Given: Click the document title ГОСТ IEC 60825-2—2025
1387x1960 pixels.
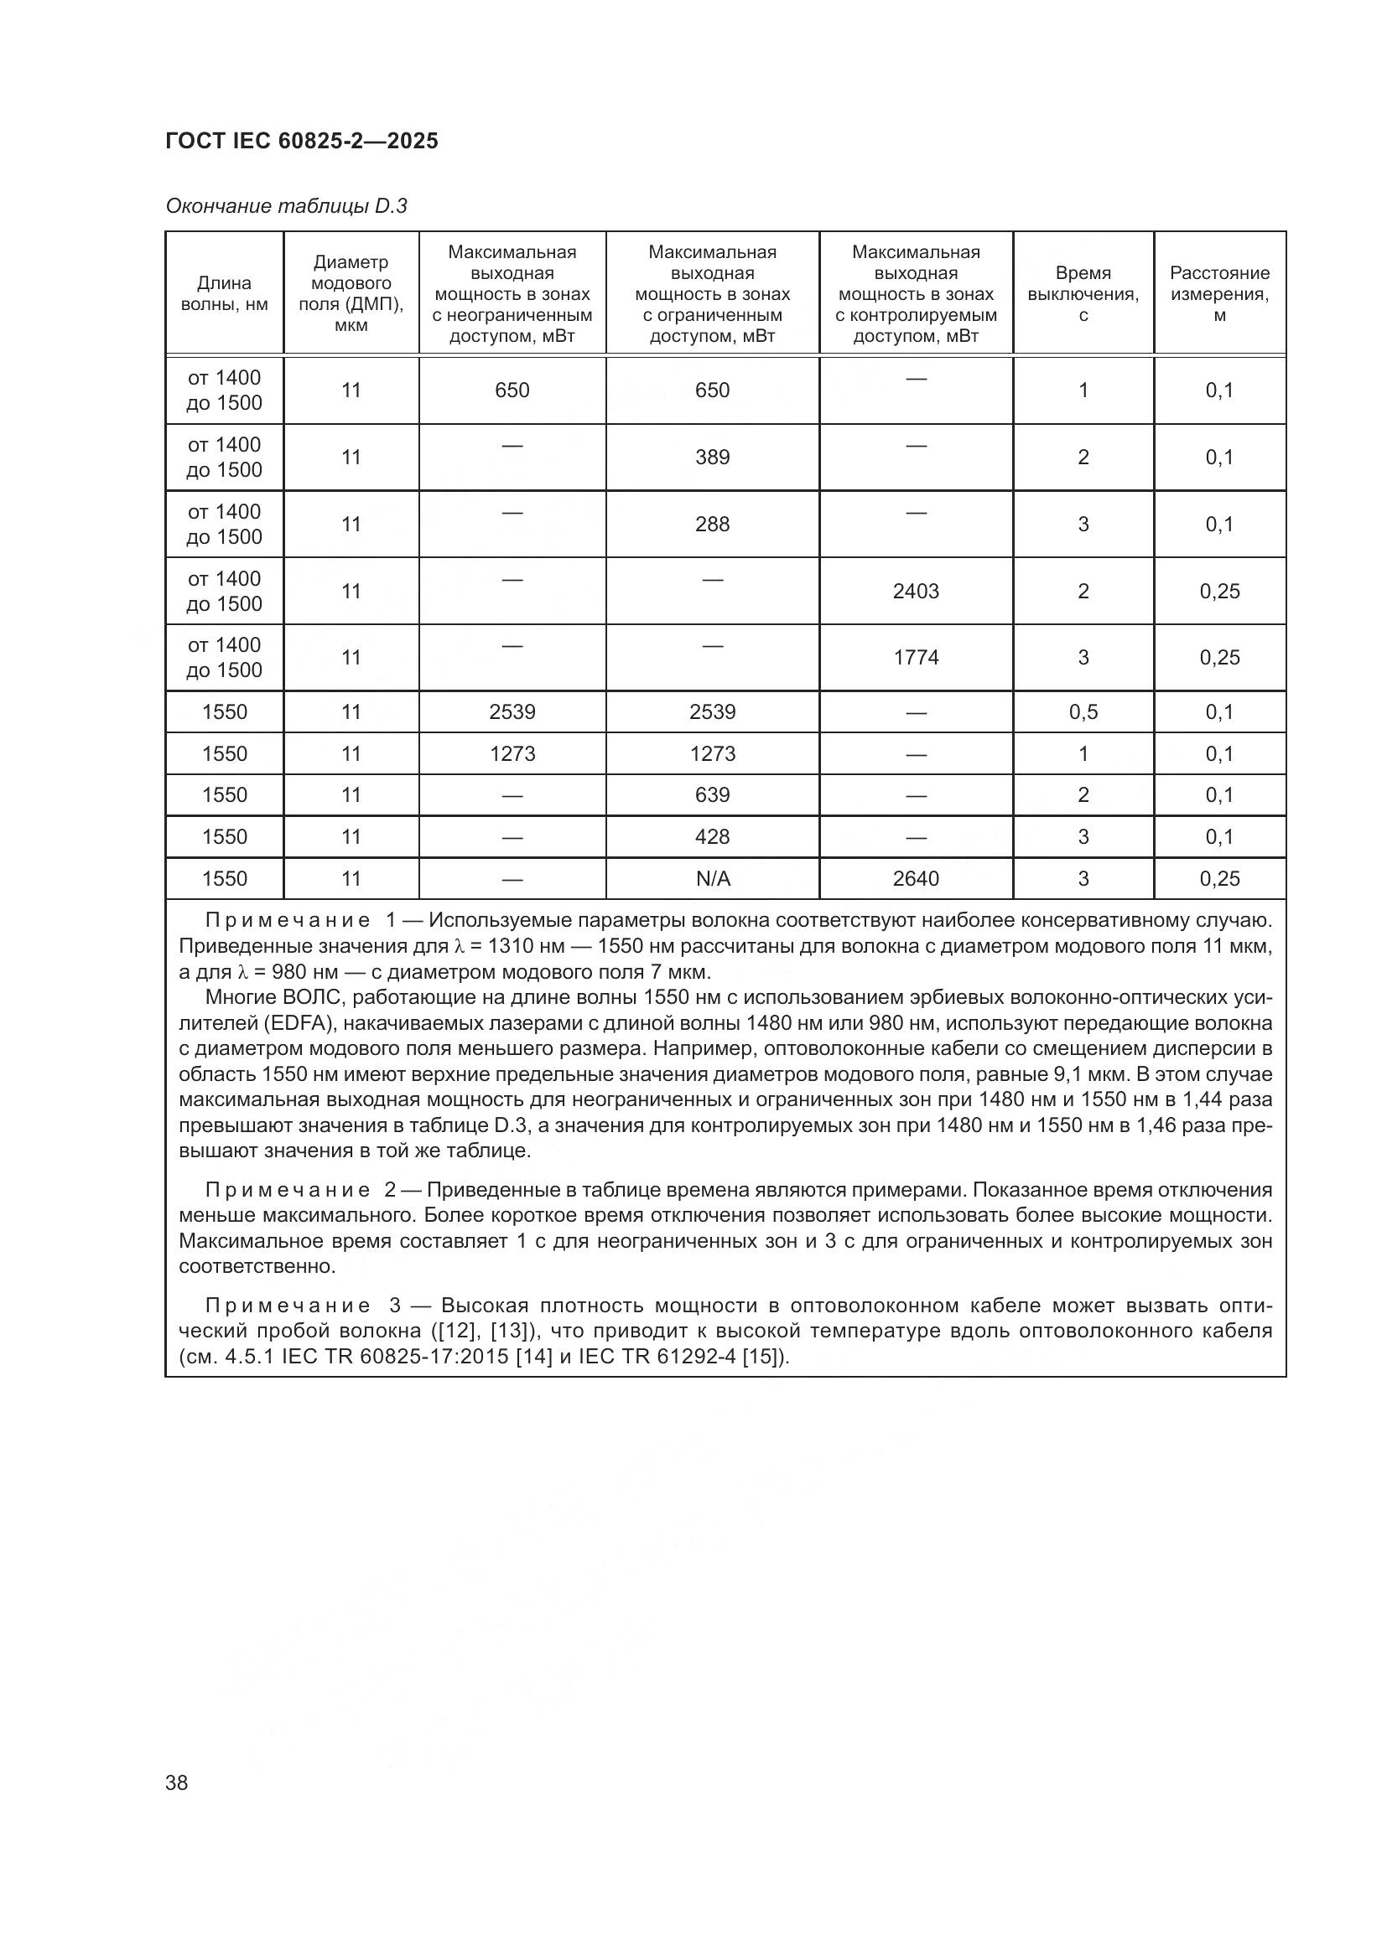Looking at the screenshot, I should tap(302, 142).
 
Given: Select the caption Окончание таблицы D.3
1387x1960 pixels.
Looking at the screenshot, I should tap(286, 207).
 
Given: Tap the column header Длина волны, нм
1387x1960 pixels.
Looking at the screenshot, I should tap(224, 293).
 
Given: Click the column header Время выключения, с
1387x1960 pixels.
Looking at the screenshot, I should tap(1082, 293).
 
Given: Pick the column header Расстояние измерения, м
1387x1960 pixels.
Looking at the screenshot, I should tap(1218, 293).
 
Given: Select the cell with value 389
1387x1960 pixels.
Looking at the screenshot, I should tap(711, 458).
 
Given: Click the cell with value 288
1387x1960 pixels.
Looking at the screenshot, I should tap(711, 524).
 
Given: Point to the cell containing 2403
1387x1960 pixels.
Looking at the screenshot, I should tap(916, 591).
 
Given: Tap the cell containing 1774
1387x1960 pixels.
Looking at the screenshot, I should tap(916, 657).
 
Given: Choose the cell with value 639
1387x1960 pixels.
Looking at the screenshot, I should tap(711, 795).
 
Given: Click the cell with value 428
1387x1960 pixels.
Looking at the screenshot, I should tap(711, 836).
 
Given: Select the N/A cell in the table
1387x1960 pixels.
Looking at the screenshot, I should tap(712, 878).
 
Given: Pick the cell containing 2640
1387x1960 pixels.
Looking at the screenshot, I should tap(916, 878).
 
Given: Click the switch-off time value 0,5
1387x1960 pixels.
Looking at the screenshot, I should tap(1083, 712).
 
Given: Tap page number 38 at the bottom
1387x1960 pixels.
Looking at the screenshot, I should tap(177, 1782).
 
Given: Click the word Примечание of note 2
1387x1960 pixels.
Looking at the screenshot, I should tap(287, 1190).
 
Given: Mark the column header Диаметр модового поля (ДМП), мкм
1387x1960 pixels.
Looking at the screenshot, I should tap(351, 293).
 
